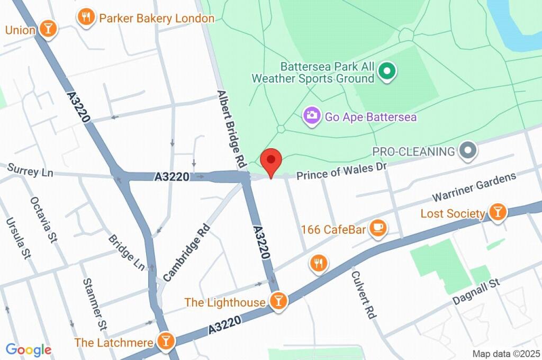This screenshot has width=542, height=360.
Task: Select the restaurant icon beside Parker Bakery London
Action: coord(85,17)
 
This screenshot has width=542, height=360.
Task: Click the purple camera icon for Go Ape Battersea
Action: coord(312,115)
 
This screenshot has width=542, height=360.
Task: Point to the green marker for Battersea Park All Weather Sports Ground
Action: coord(387,71)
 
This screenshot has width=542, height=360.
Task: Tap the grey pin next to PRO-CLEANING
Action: coord(467,151)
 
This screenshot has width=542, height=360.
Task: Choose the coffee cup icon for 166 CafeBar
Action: coord(377,228)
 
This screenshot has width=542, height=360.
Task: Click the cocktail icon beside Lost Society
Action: coord(497,213)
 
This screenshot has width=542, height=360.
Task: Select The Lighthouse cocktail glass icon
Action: coord(277,301)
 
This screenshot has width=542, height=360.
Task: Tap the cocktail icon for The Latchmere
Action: coord(166,341)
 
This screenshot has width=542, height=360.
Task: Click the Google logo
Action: coord(29,350)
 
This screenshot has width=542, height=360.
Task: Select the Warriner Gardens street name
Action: coord(474,187)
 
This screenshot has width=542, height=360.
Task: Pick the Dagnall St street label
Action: coord(476,292)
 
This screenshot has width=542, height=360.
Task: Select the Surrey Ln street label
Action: coord(31,171)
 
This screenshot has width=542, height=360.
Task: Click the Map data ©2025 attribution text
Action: coord(506,354)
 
